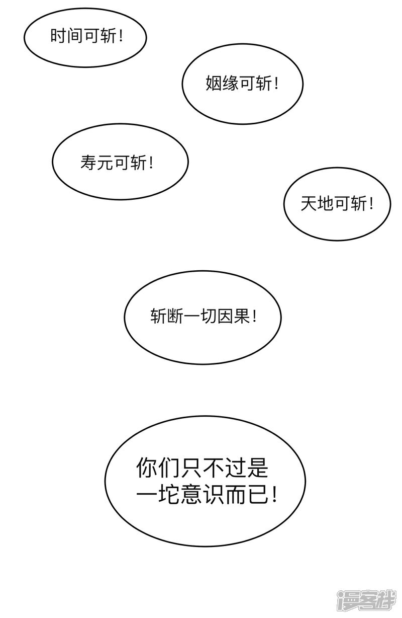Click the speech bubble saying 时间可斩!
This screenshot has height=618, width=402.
pyautogui.click(x=85, y=37)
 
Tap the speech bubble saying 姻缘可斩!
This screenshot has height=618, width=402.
pyautogui.click(x=243, y=84)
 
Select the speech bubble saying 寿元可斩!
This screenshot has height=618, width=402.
pyautogui.click(x=121, y=162)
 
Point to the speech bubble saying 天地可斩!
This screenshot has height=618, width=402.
pyautogui.click(x=337, y=204)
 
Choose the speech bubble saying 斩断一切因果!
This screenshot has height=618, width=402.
pyautogui.click(x=203, y=317)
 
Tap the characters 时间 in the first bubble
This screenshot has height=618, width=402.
pyautogui.click(x=67, y=36)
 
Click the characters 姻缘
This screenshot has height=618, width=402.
pyautogui.click(x=222, y=84)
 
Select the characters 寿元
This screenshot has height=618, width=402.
pyautogui.click(x=97, y=162)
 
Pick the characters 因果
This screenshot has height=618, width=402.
pyautogui.click(x=234, y=316)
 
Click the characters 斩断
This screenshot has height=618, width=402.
pyautogui.click(x=166, y=316)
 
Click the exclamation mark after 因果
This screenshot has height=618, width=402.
pyautogui.click(x=254, y=316)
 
